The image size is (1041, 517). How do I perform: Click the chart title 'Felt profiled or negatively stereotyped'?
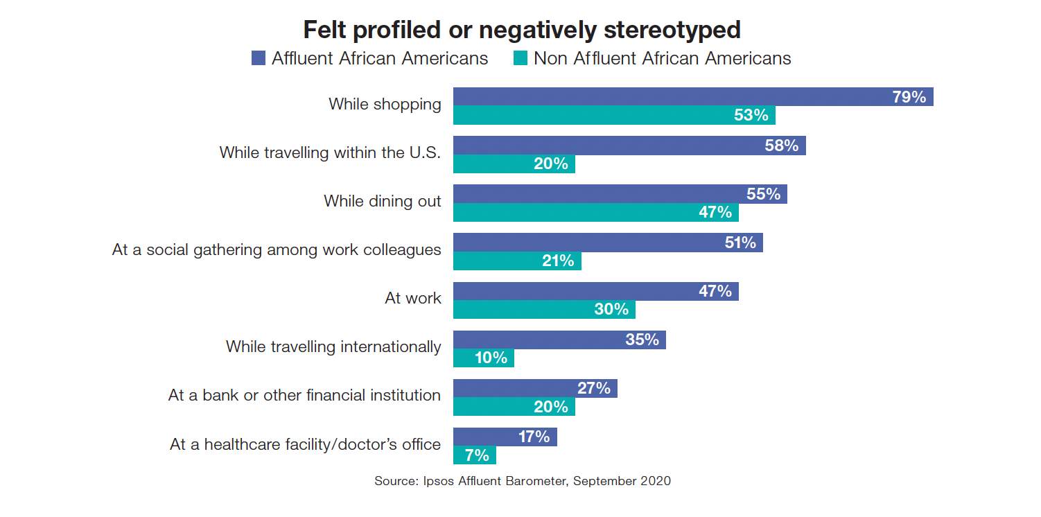pos(522,30)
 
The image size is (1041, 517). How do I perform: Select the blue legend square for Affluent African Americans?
pos(259,58)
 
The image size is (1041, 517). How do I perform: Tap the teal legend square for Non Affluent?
pos(520,58)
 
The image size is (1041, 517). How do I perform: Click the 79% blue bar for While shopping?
pos(693,97)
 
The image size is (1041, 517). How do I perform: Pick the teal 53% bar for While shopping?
pos(613,115)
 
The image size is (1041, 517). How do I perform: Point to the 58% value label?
pos(782,146)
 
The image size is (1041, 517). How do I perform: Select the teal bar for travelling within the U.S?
pos(514,164)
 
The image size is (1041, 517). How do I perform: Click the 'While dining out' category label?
pos(382,201)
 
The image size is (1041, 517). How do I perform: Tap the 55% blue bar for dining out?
pos(620,194)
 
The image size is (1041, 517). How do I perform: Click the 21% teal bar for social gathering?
pos(517,261)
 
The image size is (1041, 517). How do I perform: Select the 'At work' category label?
pos(412,298)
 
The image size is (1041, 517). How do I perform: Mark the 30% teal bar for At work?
pos(544,309)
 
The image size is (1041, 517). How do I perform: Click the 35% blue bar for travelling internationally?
pos(559,340)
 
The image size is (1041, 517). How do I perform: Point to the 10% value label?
pos(491,358)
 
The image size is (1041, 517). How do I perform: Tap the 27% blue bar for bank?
pos(535,388)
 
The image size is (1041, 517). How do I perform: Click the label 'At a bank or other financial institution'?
pos(304,395)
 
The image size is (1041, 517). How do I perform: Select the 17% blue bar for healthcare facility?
pos(505,437)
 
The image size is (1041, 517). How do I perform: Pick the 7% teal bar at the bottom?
pos(474,455)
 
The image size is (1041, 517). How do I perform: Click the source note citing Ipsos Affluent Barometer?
pos(522,480)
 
